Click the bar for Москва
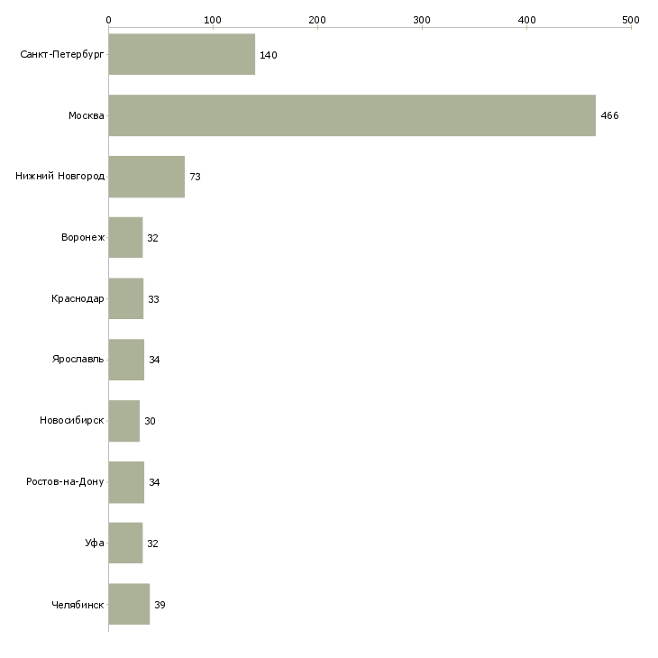coord(352,115)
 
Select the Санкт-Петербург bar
coord(181,54)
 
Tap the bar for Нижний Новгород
coord(146,177)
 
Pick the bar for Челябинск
coord(129,604)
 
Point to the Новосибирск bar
coord(123,421)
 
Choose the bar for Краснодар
coord(125,298)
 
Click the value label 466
coord(609,116)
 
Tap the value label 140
coord(268,55)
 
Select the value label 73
coord(195,177)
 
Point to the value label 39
coord(160,605)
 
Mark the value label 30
coord(150,421)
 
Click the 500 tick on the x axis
coord(631,19)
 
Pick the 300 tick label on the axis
coord(422,19)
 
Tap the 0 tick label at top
coord(108,19)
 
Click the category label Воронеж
coord(83,238)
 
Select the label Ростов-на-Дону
coord(66,482)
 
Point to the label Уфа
coord(95,544)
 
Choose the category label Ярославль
coord(78,360)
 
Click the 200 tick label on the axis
coord(317,19)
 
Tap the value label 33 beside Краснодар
coord(153,299)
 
